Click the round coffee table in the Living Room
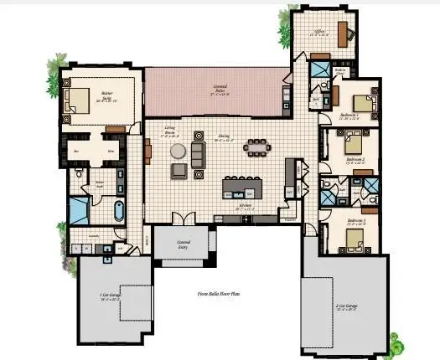pyautogui.click(x=179, y=152)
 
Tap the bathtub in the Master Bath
pyautogui.click(x=117, y=208)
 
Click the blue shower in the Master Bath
pyautogui.click(x=80, y=209)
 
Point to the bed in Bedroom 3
pyautogui.click(x=362, y=244)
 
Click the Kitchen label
pyautogui.click(x=246, y=203)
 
